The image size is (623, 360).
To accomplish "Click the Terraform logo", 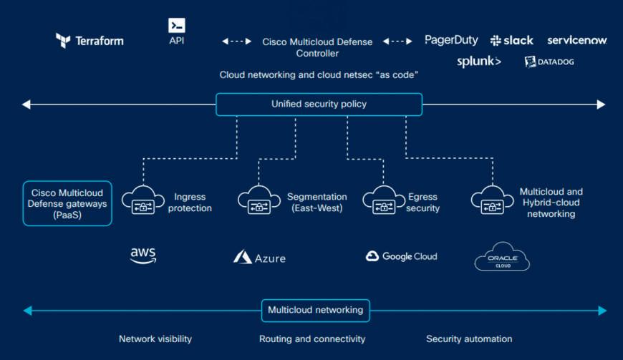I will [90, 40].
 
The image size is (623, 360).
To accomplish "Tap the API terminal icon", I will [177, 26].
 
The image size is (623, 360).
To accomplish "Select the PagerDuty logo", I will [451, 40].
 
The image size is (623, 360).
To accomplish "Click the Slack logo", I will [511, 41].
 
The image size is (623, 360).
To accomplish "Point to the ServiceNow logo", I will [576, 40].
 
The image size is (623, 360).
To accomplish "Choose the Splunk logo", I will [479, 62].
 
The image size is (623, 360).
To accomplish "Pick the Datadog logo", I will [549, 62].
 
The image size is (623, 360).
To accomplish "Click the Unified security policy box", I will [319, 104].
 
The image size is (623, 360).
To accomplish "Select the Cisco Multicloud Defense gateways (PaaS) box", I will [67, 203].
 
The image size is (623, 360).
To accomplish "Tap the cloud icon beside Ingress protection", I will [143, 201].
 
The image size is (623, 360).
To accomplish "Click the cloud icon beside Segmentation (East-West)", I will [259, 201].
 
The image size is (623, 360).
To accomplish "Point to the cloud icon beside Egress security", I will [384, 201].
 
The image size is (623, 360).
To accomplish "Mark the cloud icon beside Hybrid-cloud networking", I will [492, 201].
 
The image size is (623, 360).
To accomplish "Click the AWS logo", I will [143, 256].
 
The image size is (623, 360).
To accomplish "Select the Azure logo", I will [259, 257].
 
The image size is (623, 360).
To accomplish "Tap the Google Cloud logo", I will [401, 256].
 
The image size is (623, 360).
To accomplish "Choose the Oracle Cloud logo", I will [502, 257].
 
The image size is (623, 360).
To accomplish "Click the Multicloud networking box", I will [315, 311].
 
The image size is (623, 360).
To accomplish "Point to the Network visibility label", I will [155, 339].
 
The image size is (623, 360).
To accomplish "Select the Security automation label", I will [469, 339].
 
